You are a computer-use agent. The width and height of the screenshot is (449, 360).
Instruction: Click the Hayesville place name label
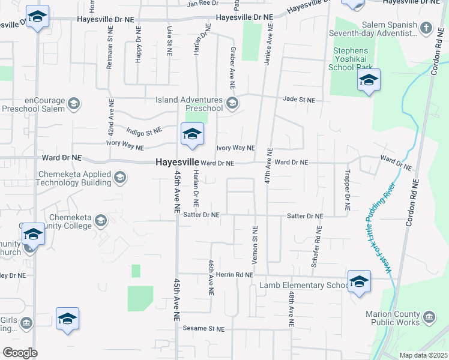point(177,162)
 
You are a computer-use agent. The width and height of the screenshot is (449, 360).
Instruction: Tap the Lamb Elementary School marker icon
point(359,281)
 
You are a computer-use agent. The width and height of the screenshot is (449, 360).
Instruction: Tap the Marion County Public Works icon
point(429,316)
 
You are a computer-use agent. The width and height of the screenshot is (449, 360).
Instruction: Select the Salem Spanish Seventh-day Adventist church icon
point(426,28)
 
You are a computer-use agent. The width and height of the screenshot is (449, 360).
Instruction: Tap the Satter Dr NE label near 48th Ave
point(305,215)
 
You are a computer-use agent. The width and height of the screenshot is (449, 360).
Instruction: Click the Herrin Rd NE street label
point(235,274)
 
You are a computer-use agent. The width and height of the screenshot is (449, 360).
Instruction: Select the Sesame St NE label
point(204,329)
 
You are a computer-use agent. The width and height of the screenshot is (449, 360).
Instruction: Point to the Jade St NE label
point(298,99)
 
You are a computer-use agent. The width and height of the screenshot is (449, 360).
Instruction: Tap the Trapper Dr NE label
point(347,188)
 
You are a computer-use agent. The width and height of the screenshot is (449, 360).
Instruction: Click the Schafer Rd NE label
point(316,246)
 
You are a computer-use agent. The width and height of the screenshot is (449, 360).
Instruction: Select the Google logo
point(20,353)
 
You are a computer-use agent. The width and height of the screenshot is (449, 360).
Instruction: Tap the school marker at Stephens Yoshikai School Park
point(369,80)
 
